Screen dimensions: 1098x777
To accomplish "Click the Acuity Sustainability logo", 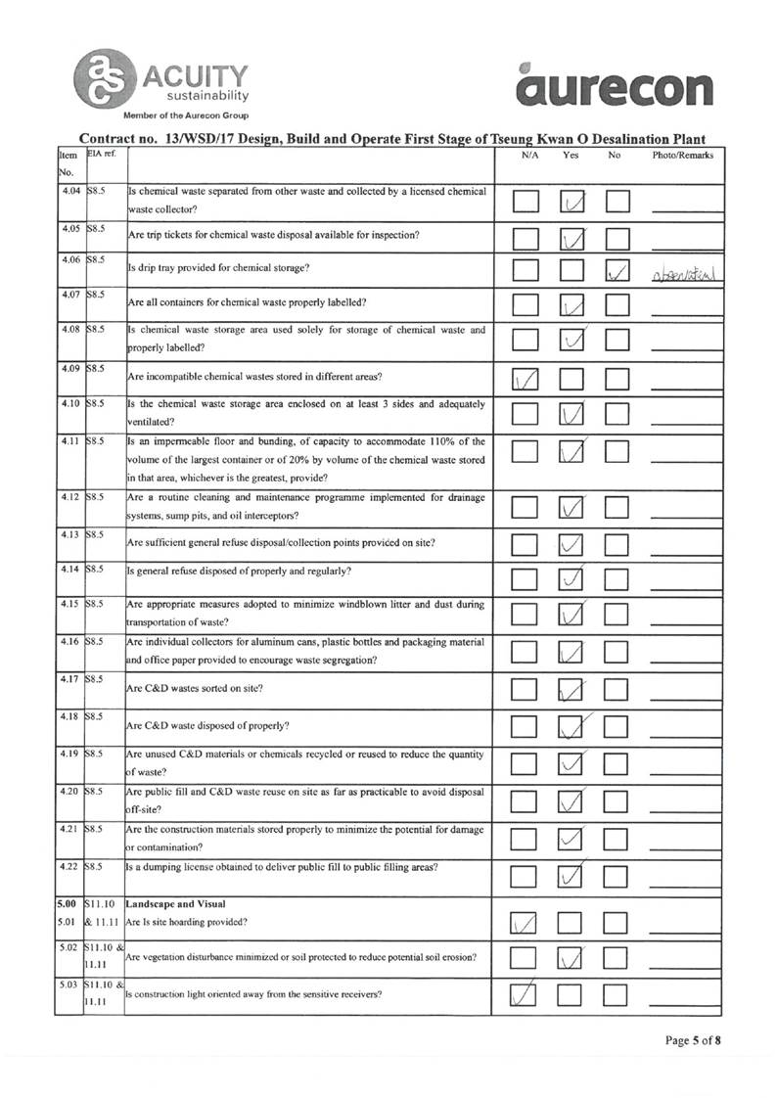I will point(160,79).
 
